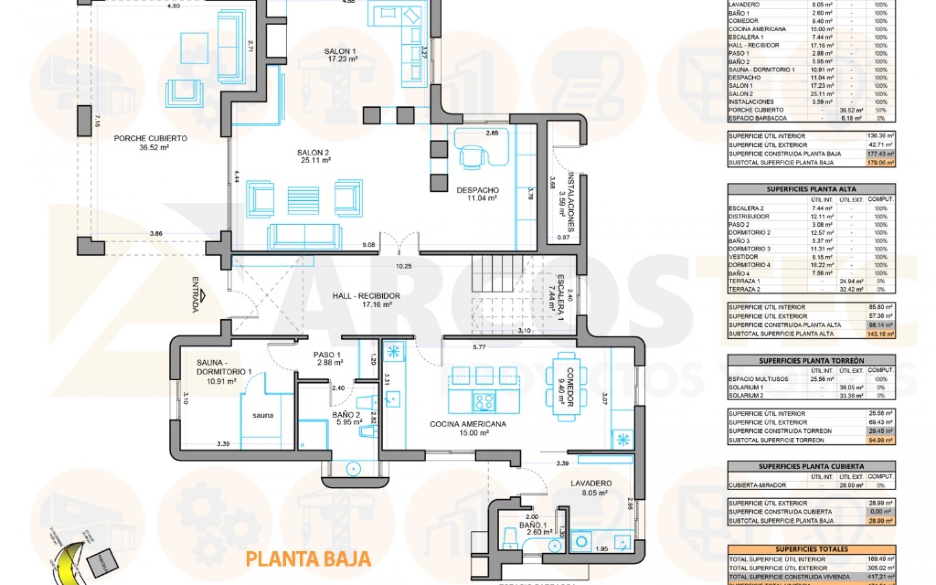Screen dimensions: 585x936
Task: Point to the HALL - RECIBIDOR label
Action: point(366,296)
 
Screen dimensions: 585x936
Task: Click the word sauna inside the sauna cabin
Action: point(263,415)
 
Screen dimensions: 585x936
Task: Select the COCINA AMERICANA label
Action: point(468,424)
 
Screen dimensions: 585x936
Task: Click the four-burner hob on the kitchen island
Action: point(484,402)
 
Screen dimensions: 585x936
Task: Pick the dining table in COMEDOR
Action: point(566,387)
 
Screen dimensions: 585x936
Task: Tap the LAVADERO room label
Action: point(591,483)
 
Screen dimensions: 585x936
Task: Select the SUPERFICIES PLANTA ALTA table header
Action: point(811,189)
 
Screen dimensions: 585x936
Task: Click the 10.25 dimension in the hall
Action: point(404,266)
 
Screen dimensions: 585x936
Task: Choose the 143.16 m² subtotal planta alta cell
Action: point(880,334)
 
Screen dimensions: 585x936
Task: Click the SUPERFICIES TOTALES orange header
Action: point(811,549)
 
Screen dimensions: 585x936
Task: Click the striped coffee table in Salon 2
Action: point(303,200)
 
